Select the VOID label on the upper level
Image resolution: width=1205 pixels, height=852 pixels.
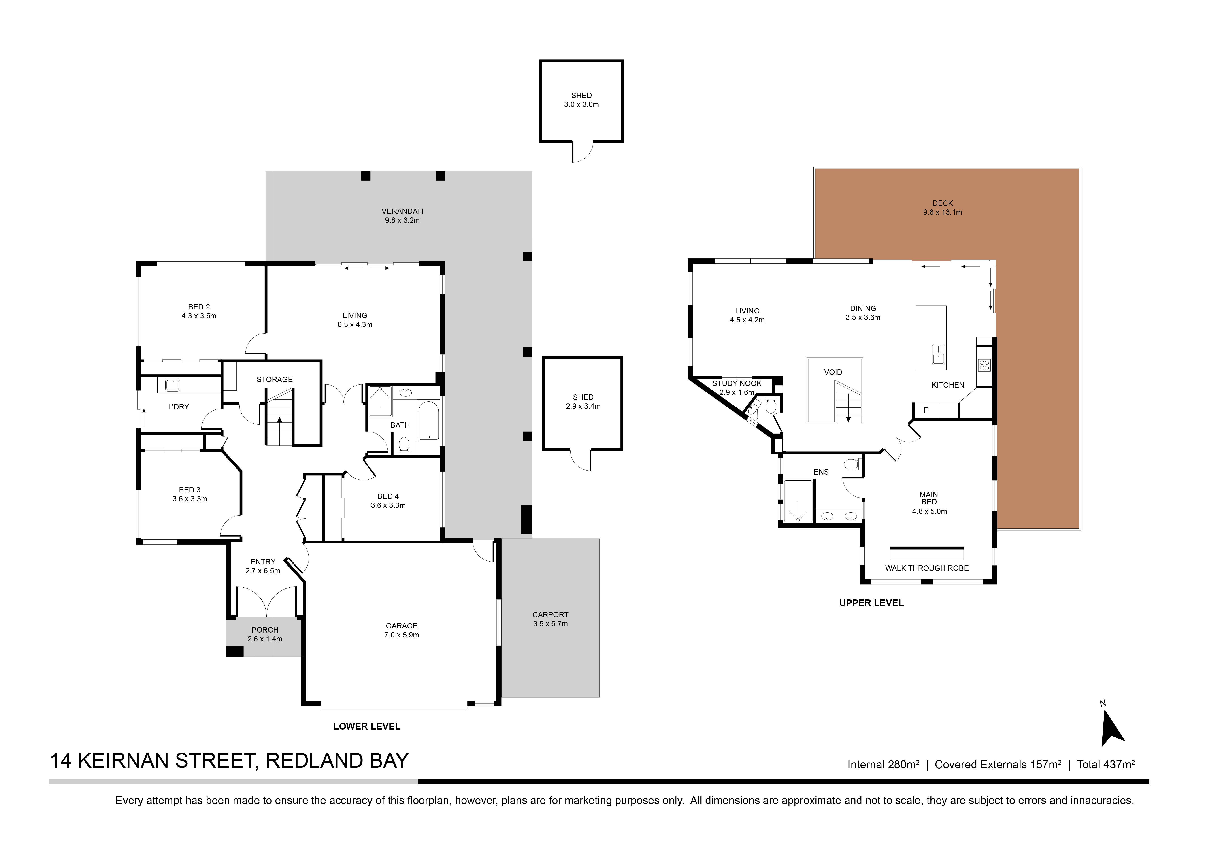coord(833,372)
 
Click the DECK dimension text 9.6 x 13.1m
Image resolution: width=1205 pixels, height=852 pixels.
coord(943,213)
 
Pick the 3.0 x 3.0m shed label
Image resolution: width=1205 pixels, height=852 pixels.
coord(581,104)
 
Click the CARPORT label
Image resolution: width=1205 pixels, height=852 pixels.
coord(550,615)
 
